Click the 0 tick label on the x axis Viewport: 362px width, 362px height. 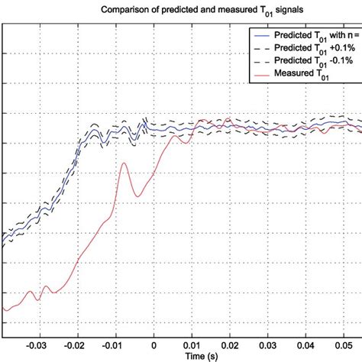pos(154,344)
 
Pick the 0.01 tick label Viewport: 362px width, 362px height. pos(192,344)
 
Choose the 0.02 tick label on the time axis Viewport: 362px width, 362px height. pos(231,344)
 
